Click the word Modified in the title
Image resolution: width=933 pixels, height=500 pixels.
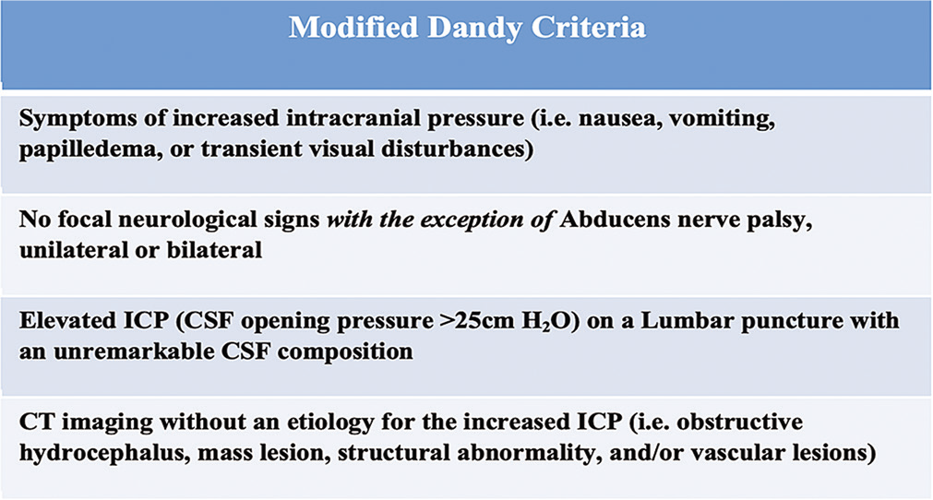pyautogui.click(x=353, y=28)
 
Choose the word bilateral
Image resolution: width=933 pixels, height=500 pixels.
pyautogui.click(x=214, y=250)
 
